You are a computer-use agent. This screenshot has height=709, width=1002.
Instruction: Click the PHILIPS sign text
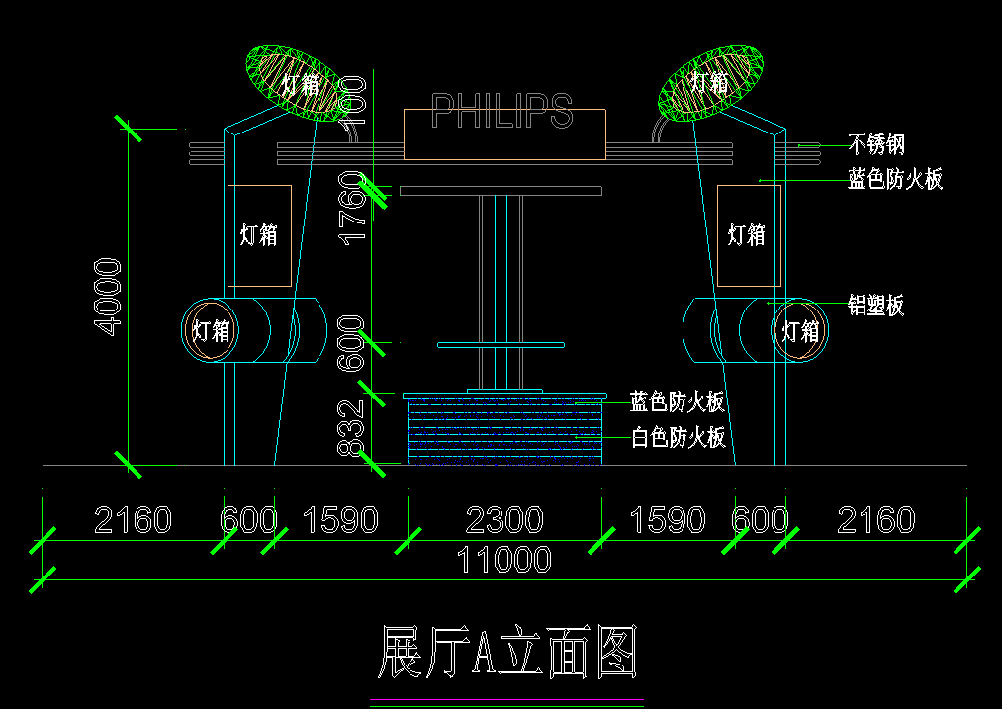pos(502,112)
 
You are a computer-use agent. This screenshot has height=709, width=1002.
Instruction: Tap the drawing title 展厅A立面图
pos(505,653)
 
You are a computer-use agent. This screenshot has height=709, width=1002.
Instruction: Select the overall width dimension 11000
pos(503,561)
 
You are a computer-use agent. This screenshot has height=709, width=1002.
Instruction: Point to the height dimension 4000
pos(107,297)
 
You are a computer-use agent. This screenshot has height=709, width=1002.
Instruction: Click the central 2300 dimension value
pos(504,520)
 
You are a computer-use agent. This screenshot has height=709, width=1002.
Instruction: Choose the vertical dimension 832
pos(352,428)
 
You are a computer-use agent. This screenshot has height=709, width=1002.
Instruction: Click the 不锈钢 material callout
pos(876,145)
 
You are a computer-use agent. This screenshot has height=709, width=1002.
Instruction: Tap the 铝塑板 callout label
pos(876,306)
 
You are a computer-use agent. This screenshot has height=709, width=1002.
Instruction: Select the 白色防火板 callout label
pos(679,438)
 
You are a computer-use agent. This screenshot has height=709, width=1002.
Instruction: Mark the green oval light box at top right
pos(712,81)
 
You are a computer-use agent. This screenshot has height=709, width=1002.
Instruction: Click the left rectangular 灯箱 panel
pos(259,235)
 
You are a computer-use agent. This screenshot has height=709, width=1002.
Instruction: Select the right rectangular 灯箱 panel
pos(748,235)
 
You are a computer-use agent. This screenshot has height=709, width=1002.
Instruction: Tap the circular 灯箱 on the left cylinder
pos(210,330)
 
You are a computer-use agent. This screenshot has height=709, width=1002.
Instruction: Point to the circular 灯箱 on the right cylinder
pos(800,330)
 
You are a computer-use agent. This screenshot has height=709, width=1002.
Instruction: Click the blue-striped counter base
pos(504,430)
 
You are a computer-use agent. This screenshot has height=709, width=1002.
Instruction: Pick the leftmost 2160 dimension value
pos(133,520)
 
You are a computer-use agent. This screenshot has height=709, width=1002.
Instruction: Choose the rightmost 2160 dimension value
pos(876,520)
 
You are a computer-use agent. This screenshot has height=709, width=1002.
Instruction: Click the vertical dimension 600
pos(352,342)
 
